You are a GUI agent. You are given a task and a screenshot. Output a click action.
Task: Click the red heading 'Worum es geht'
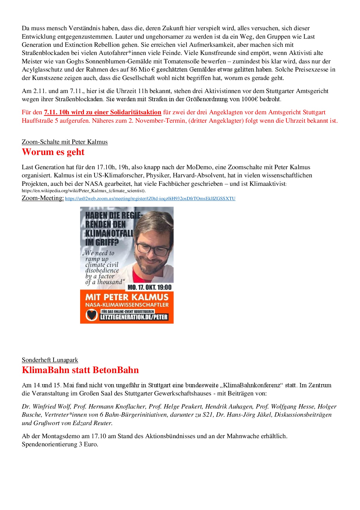53,152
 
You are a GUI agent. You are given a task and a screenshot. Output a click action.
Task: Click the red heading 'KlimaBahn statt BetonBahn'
80,370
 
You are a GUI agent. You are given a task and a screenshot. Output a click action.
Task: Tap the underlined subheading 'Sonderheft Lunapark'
50,360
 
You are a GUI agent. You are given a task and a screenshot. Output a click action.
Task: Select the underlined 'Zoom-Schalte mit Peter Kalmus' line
65,142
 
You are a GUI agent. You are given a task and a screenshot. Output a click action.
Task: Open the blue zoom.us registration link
150,199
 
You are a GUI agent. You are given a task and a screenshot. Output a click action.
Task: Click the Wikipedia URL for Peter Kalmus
84,191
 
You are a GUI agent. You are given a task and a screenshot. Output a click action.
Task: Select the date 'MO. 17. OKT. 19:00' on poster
150,287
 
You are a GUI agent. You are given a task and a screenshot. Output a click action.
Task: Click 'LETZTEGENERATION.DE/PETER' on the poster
134,317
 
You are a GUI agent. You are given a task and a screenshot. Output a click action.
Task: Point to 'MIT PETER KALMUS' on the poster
127,297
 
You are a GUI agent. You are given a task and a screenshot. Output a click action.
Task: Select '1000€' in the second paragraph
249,99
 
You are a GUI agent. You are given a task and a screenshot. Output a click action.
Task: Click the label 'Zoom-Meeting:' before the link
43,198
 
